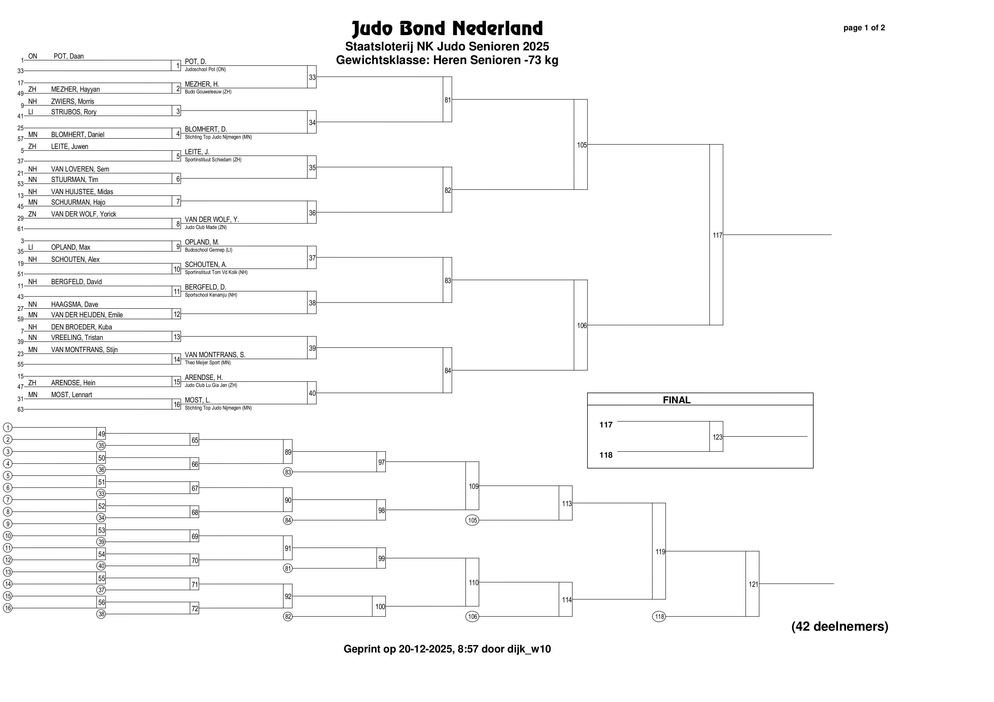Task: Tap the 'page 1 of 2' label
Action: [864, 28]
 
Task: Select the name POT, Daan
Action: [69, 56]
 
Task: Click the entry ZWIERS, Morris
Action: [72, 102]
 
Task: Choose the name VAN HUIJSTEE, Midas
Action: [82, 192]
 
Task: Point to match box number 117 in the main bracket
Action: [716, 235]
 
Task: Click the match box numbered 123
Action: [716, 436]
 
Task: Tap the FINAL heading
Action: [677, 400]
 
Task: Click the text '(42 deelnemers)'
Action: [840, 626]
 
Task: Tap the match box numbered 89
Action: [288, 451]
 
